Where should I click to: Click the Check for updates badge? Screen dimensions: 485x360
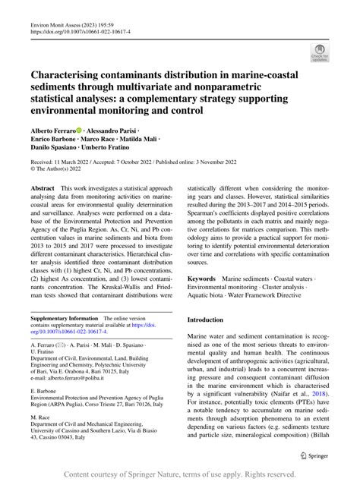tap(319, 52)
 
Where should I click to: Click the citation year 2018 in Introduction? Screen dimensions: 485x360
tap(318, 394)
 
